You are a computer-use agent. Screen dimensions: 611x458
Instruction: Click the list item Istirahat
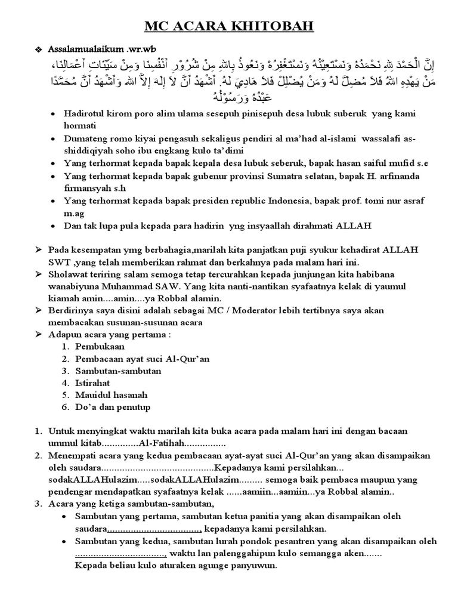95,382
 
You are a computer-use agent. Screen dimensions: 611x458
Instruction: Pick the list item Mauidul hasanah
111,394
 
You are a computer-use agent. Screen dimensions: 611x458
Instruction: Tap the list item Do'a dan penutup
113,407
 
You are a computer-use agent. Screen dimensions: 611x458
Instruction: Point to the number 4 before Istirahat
64,382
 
